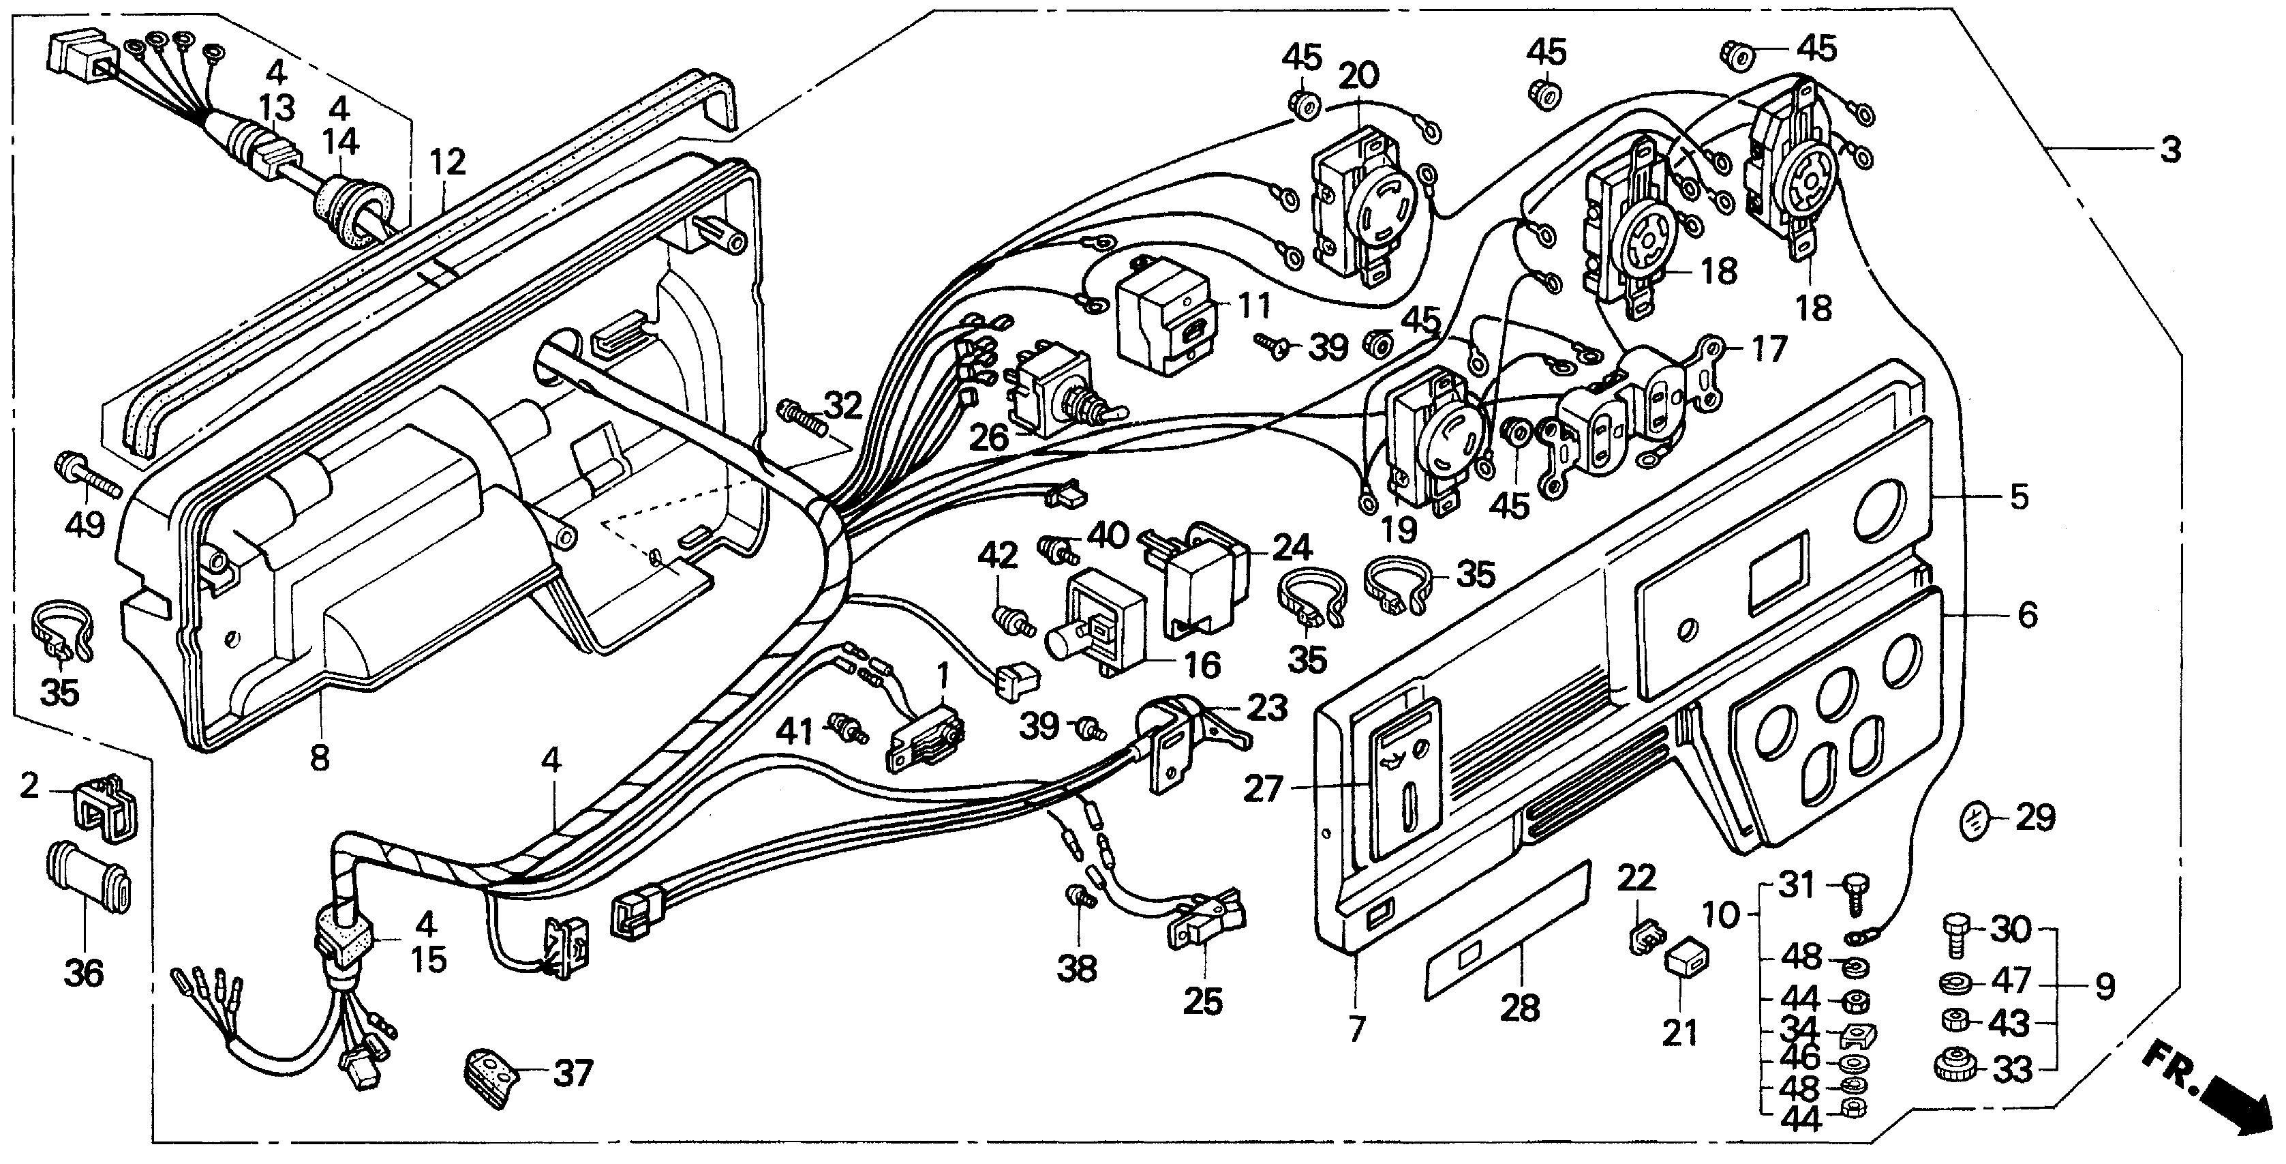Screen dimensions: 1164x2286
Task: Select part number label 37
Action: tap(573, 1073)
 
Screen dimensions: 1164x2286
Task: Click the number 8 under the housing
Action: tap(320, 758)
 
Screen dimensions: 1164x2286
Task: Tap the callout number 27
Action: tap(1263, 787)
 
